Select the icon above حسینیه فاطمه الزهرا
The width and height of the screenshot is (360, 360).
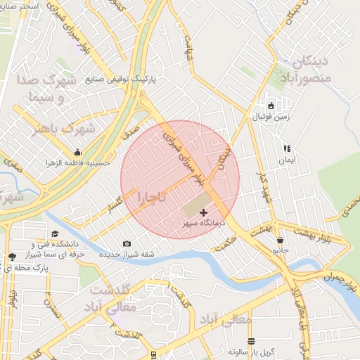(77, 153)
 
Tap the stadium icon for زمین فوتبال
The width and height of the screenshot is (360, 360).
(271, 105)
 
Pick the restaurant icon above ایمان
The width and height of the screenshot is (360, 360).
(287, 149)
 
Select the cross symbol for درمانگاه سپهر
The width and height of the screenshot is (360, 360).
(205, 212)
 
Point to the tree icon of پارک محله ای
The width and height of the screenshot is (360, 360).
(11, 257)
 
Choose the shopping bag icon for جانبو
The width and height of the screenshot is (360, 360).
(280, 240)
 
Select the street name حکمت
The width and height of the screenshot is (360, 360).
(227, 243)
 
